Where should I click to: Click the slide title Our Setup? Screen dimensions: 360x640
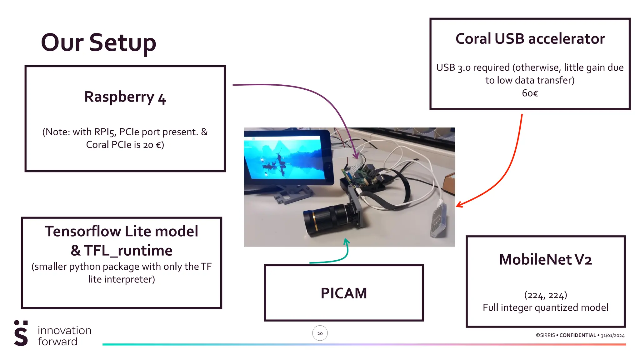pyautogui.click(x=98, y=43)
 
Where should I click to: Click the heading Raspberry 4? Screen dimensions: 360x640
pyautogui.click(x=125, y=97)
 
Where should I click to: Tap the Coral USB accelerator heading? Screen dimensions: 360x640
pyautogui.click(x=530, y=39)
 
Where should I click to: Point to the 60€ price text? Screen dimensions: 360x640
pyautogui.click(x=530, y=93)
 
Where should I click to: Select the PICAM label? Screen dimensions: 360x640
pyautogui.click(x=344, y=293)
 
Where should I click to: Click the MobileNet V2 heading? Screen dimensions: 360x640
pyautogui.click(x=545, y=259)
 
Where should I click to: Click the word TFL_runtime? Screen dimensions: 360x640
pyautogui.click(x=128, y=251)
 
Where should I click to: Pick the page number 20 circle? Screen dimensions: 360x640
pyautogui.click(x=320, y=333)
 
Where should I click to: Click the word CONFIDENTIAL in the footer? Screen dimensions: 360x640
pyautogui.click(x=577, y=335)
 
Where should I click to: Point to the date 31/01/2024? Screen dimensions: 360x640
pyautogui.click(x=612, y=336)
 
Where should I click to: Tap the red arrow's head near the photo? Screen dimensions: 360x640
pyautogui.click(x=459, y=205)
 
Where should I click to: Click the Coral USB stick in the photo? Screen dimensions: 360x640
pyautogui.click(x=439, y=219)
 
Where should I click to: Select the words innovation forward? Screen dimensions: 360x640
pyautogui.click(x=64, y=336)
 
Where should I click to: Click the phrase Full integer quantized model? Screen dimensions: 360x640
pyautogui.click(x=545, y=307)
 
